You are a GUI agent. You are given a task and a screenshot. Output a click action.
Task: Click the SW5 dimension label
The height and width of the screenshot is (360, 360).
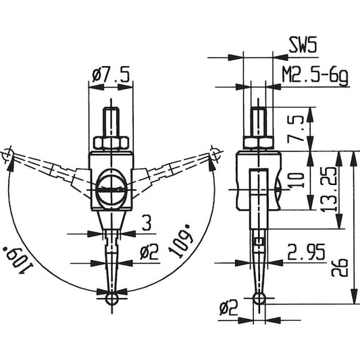click(x=303, y=45)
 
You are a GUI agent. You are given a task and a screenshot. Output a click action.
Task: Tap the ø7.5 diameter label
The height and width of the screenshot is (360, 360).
click(x=111, y=74)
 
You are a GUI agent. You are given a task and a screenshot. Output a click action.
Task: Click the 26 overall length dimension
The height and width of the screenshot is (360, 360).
click(x=340, y=267)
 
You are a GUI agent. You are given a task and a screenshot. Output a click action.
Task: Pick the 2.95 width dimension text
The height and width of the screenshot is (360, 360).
click(x=306, y=252)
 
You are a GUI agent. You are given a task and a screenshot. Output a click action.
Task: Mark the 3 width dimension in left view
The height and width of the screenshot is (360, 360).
click(x=147, y=222)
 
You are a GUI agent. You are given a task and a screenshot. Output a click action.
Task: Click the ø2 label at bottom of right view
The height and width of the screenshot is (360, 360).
click(x=228, y=308)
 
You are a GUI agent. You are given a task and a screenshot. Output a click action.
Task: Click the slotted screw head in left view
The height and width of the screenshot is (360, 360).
click(x=111, y=190)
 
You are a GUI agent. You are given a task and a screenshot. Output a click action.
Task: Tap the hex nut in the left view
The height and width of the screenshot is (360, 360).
click(x=111, y=143)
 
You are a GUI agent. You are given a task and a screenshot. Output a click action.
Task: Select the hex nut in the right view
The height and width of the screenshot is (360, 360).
click(x=259, y=143)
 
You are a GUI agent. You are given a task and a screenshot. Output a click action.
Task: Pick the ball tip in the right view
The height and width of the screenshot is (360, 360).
click(x=259, y=298)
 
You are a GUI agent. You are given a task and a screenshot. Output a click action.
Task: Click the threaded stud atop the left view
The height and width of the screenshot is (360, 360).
click(x=111, y=122)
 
